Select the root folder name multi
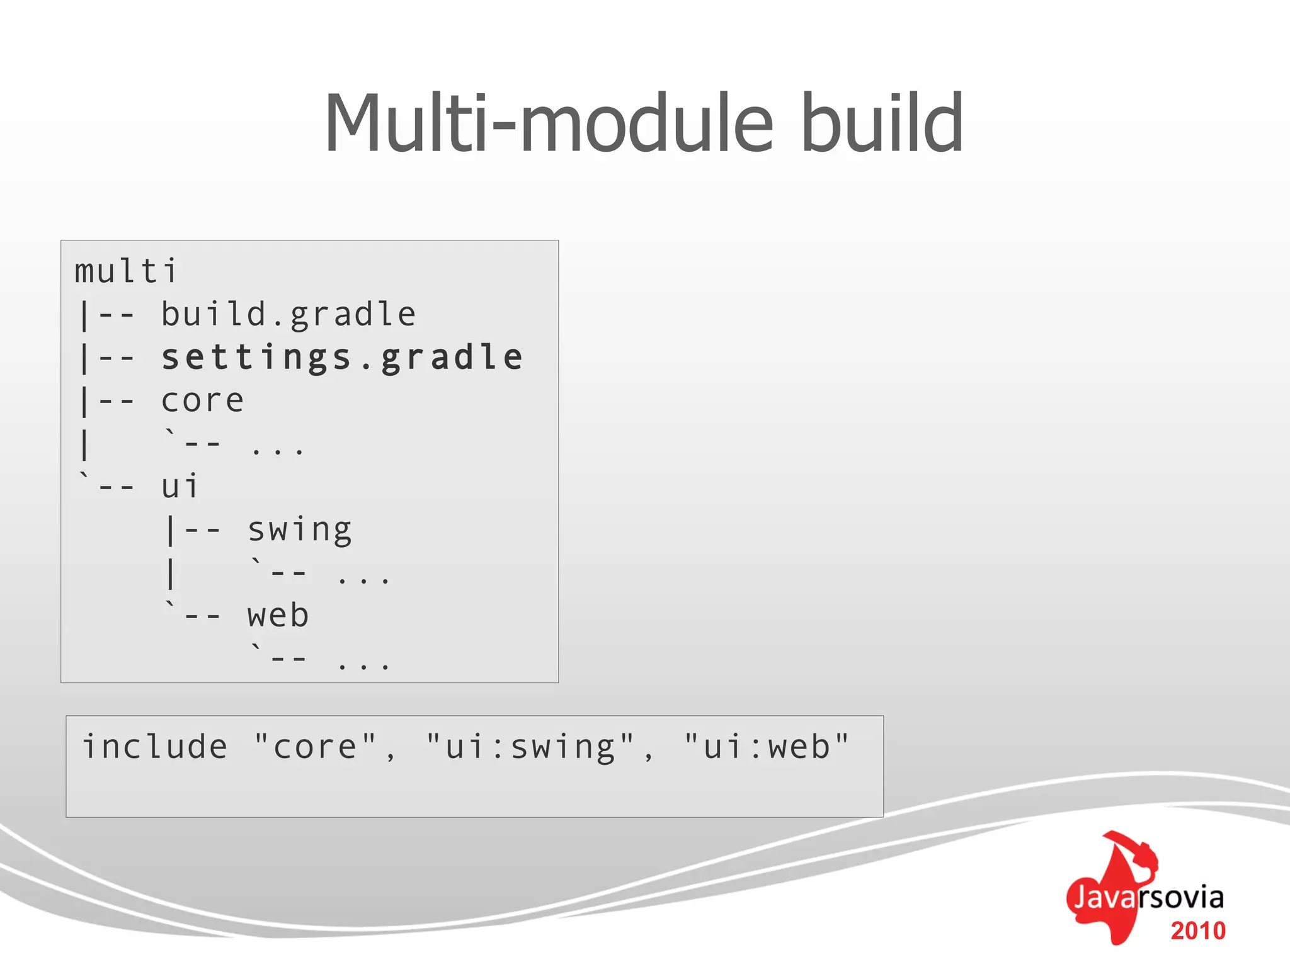126,272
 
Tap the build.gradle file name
288,314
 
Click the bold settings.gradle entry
342,358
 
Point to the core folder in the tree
202,401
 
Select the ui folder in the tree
180,487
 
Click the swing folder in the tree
299,530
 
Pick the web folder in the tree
278,616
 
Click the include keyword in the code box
155,747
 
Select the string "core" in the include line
315,747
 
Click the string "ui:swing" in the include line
530,747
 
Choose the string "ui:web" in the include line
767,747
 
